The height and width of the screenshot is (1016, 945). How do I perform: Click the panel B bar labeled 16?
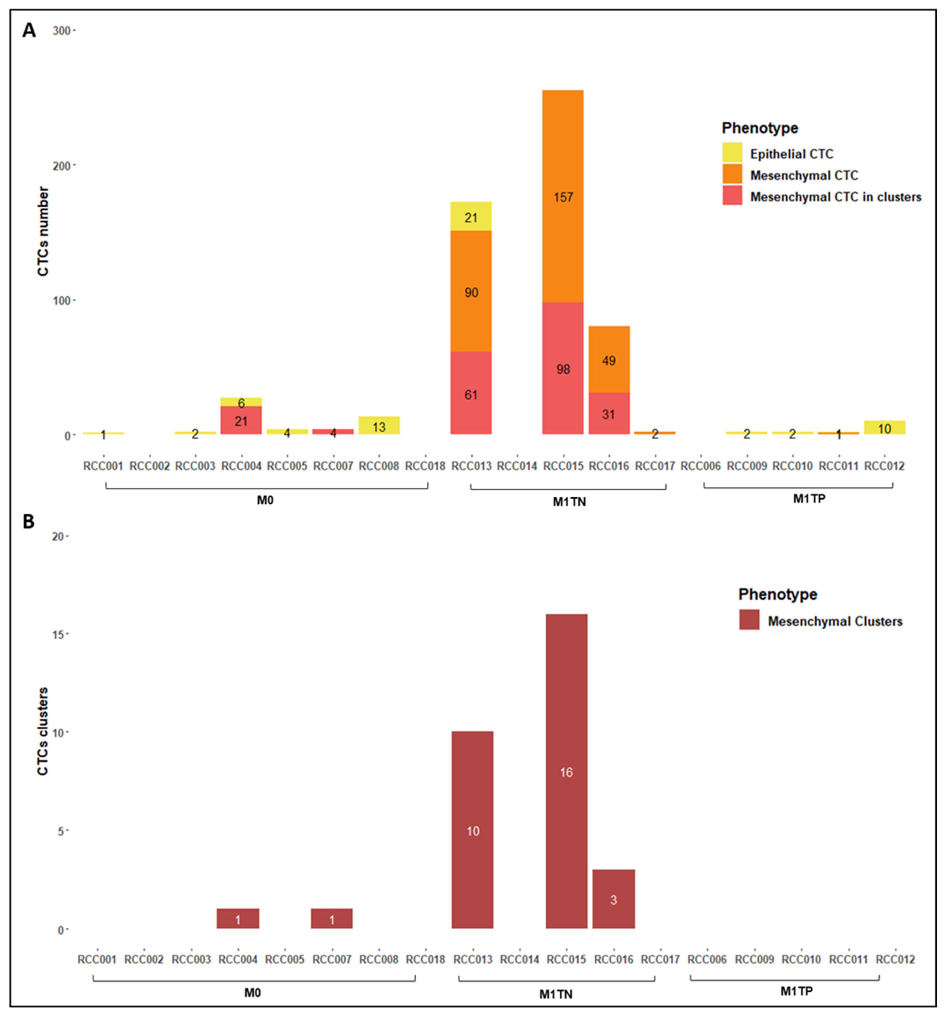coord(566,772)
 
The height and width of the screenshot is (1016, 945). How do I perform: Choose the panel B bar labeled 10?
coord(472,830)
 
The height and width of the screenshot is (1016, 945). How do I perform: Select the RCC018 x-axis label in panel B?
coord(425,959)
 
